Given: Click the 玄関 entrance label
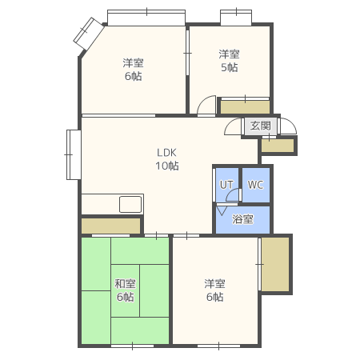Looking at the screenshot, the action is (x=260, y=126).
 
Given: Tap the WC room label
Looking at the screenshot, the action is (x=255, y=185).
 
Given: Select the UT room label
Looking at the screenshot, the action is (x=226, y=185).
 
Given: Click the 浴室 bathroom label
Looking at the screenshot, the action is (x=242, y=219).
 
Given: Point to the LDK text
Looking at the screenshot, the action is (x=166, y=153).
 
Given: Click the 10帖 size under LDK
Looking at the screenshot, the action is (x=167, y=166).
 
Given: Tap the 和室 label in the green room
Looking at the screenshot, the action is (x=125, y=283).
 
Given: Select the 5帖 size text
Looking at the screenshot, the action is (x=230, y=67).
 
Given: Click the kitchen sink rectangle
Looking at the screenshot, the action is (x=130, y=204).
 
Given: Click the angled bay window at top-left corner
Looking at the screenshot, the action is (x=88, y=34).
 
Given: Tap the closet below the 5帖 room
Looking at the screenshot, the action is (x=245, y=107).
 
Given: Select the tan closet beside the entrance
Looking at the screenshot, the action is (x=278, y=146).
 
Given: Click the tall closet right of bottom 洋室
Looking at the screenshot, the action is (x=275, y=264).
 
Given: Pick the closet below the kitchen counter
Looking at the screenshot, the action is (x=110, y=226).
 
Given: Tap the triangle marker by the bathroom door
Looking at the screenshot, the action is (x=222, y=210).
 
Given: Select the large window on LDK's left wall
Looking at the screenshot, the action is (x=74, y=154).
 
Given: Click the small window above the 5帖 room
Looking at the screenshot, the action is (x=236, y=18).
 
